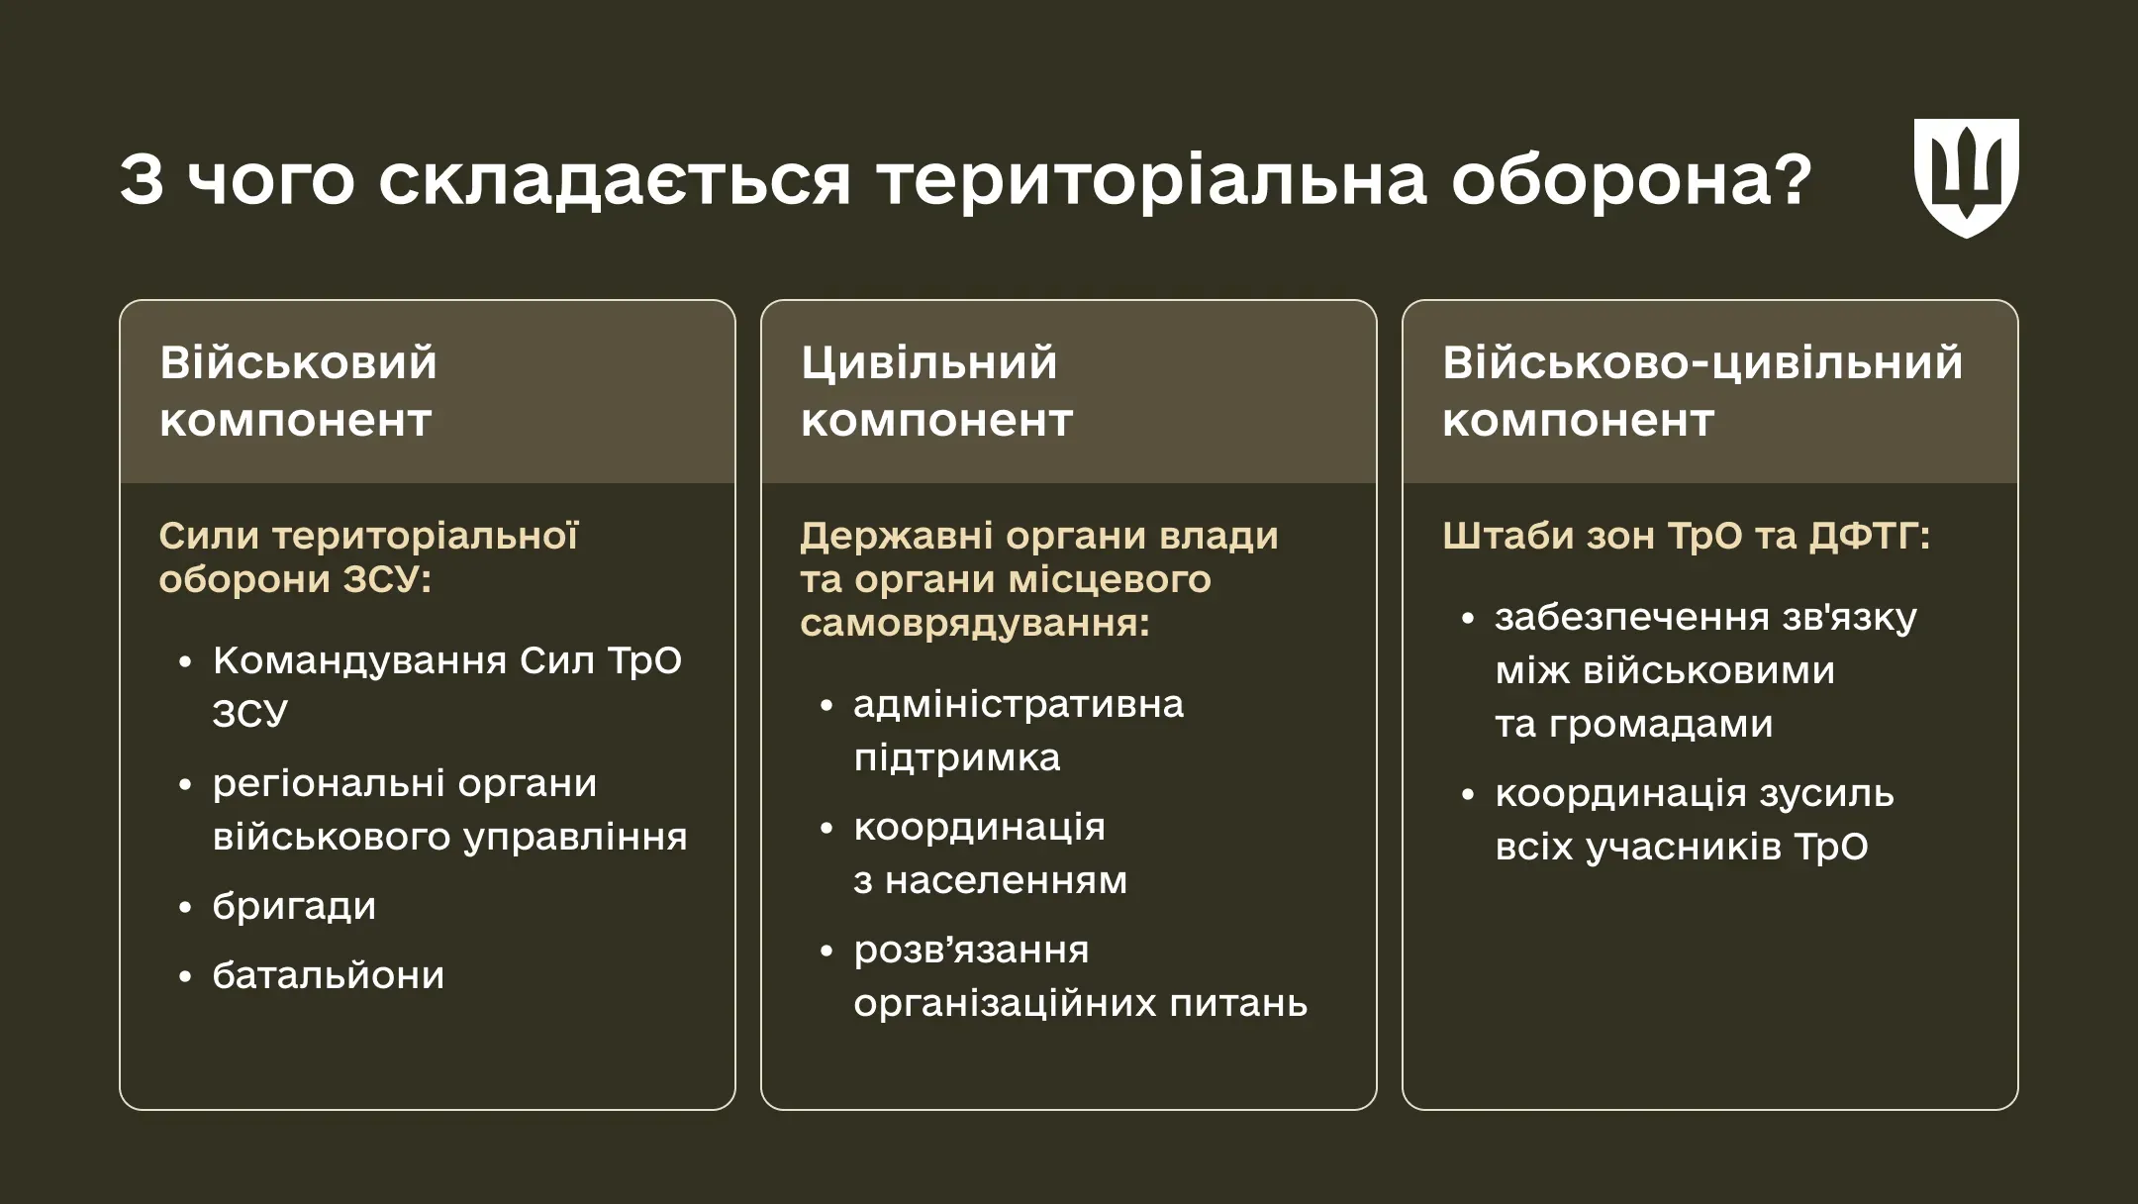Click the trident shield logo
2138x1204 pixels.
(x=1966, y=178)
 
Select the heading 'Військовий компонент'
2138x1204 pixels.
(x=297, y=391)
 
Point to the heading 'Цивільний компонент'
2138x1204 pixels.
(x=935, y=391)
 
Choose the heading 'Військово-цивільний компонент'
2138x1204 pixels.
(x=1701, y=391)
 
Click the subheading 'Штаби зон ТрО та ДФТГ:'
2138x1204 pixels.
(x=1686, y=536)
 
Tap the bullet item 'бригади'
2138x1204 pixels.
(x=294, y=907)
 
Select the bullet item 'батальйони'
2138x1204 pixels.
(x=328, y=976)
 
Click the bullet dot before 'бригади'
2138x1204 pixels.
(x=185, y=907)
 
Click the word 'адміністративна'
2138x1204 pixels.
(x=1018, y=704)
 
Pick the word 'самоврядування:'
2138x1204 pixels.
(x=975, y=624)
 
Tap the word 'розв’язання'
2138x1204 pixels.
(x=971, y=950)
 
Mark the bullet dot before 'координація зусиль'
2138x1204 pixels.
(x=1468, y=794)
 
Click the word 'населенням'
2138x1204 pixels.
(x=1006, y=880)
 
